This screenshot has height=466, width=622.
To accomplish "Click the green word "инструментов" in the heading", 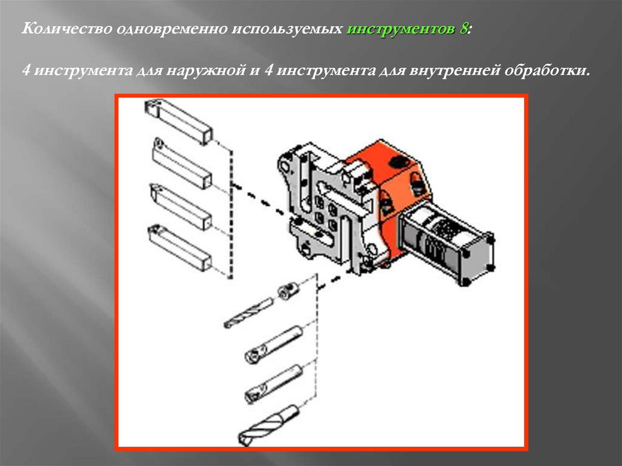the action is point(402,29).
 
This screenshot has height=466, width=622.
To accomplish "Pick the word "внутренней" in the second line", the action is point(454,70).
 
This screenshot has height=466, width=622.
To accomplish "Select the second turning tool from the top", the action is point(181,163).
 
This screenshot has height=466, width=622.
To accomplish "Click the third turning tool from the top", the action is point(180,207).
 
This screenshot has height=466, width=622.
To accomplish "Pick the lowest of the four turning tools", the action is point(179,247).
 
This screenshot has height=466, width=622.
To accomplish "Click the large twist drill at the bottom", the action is point(268,425).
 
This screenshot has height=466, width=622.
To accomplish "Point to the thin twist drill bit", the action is point(248,313).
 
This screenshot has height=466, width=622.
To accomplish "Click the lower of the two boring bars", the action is point(274,384).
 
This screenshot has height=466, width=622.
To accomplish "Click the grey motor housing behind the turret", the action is point(446,242).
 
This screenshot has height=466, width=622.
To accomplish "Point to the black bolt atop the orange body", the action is point(398,162).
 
